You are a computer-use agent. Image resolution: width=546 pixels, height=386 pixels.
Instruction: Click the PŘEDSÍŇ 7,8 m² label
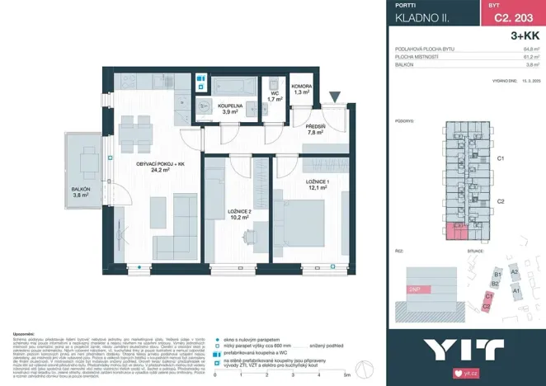[x=316, y=129]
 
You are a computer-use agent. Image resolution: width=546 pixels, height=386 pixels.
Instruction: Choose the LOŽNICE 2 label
[x=239, y=214]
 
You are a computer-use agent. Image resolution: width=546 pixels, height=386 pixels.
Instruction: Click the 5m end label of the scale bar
[x=346, y=376]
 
